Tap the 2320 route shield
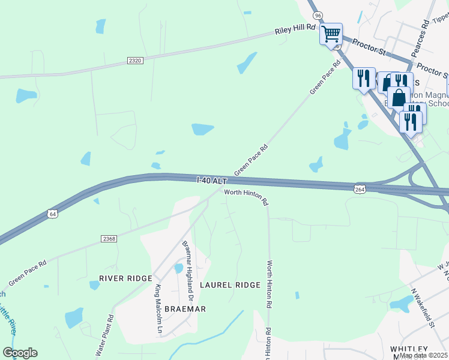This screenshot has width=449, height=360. click(x=135, y=61)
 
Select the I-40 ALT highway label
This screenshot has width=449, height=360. click(x=212, y=180)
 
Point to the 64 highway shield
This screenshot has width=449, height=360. click(x=53, y=214)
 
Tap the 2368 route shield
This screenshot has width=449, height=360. click(x=109, y=239)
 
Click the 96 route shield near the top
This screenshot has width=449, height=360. click(x=318, y=15)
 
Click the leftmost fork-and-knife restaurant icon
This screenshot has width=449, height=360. click(x=364, y=78)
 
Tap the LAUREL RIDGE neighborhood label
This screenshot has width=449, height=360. click(x=231, y=285)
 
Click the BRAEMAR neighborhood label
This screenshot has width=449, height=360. click(x=187, y=309)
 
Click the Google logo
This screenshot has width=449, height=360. click(x=20, y=353)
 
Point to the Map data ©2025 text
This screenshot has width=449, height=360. click(x=424, y=355)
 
